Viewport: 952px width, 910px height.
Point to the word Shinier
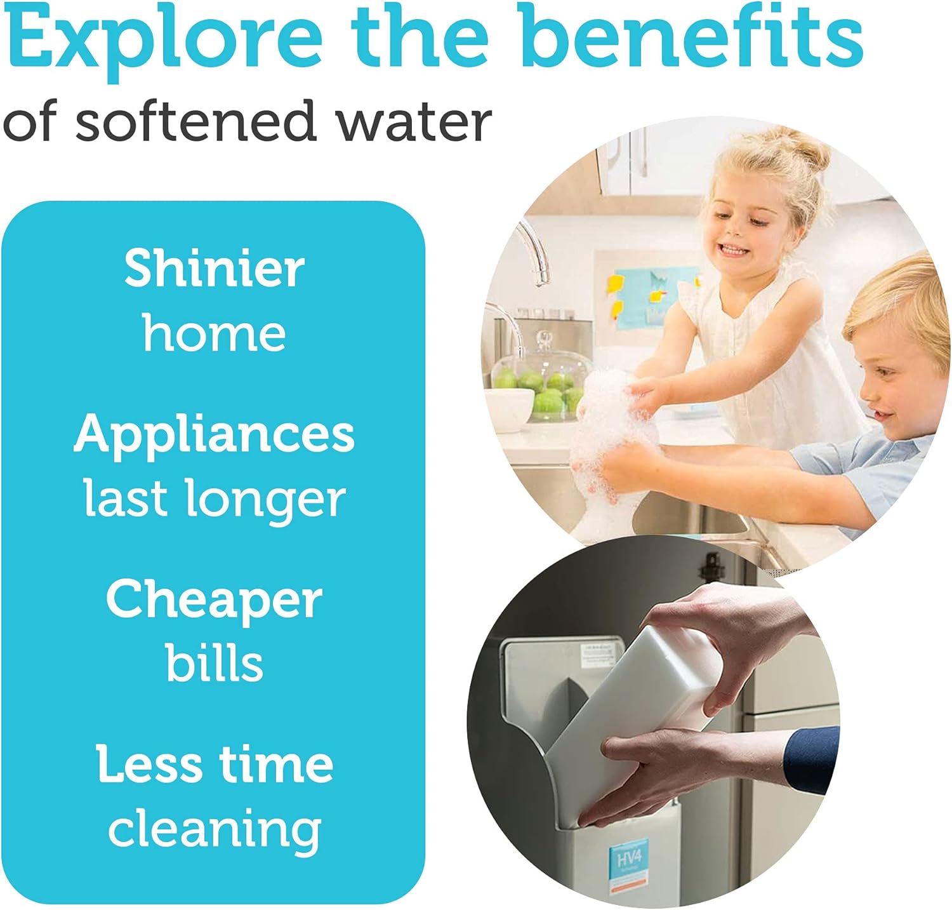(x=214, y=269)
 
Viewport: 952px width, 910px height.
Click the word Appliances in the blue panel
(x=214, y=436)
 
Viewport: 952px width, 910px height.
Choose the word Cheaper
(x=214, y=601)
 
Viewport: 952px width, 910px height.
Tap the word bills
(x=214, y=664)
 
